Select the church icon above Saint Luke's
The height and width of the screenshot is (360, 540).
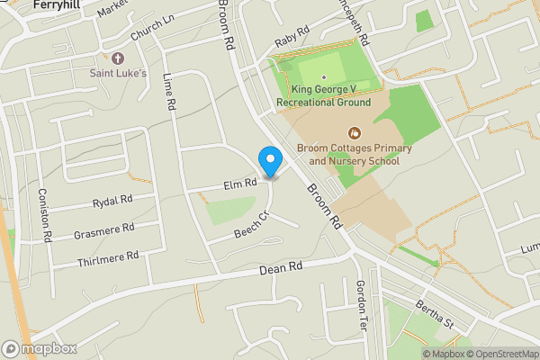118,58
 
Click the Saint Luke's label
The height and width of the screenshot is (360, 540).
118,72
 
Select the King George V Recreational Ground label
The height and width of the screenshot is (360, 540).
324,95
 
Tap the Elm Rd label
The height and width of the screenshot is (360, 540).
240,184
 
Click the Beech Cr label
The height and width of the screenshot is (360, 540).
253,223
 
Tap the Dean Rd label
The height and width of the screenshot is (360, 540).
281,266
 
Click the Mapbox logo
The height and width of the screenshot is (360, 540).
40,348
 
